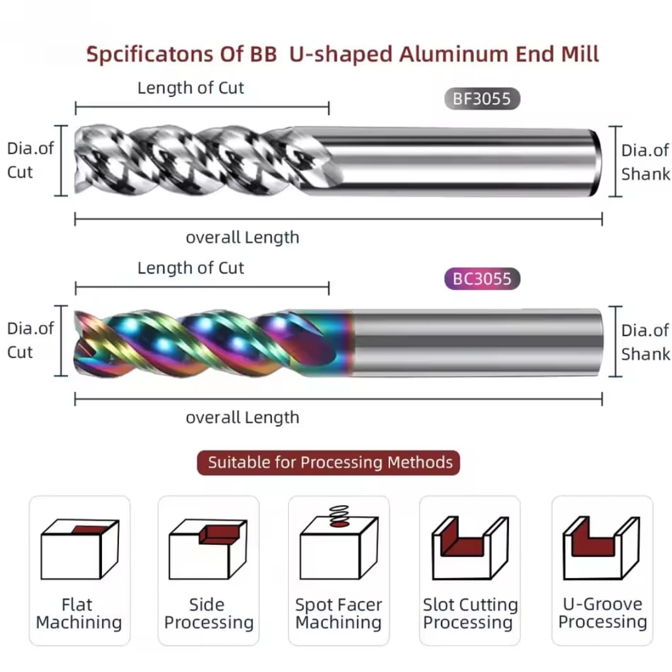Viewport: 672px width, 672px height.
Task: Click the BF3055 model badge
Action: (x=482, y=99)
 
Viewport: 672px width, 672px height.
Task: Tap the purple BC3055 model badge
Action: (x=482, y=278)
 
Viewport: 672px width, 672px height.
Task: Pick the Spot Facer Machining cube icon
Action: (x=339, y=547)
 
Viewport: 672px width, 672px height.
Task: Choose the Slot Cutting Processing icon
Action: (x=469, y=547)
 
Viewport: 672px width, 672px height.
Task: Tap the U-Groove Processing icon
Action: (x=602, y=547)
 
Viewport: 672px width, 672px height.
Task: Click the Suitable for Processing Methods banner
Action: (x=330, y=462)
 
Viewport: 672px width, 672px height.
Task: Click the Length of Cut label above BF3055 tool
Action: (x=191, y=88)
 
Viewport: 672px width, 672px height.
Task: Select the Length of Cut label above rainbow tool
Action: (x=191, y=268)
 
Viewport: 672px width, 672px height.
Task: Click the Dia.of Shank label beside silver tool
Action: (x=645, y=162)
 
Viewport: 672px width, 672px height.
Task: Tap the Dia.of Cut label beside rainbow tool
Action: (x=30, y=340)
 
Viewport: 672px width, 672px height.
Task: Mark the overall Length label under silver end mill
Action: (x=242, y=237)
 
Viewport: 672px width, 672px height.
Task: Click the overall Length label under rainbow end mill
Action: (x=242, y=417)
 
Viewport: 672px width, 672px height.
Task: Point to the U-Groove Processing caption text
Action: (x=602, y=613)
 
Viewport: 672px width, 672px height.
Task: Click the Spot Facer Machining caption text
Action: (x=339, y=614)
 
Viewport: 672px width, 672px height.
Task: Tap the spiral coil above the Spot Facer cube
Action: (x=339, y=515)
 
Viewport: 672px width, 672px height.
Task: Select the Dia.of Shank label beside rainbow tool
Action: (x=645, y=342)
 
